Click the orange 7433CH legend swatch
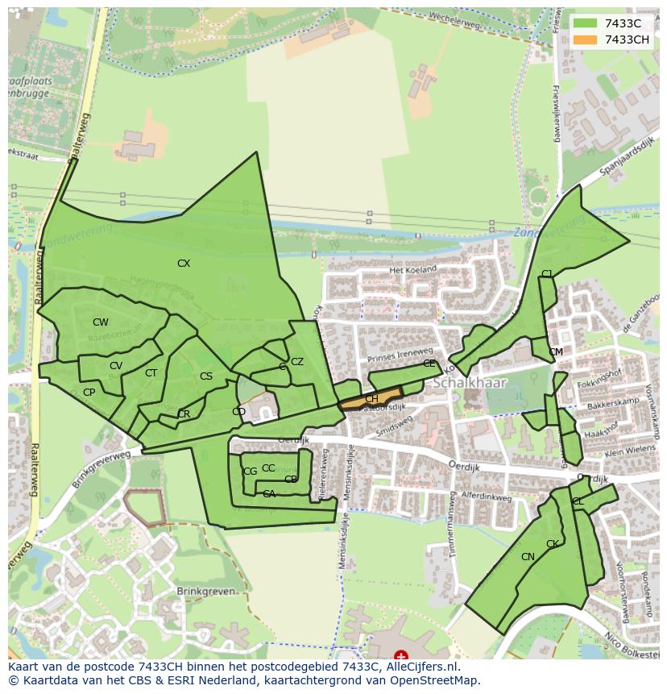[x=586, y=40]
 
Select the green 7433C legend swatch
[x=586, y=24]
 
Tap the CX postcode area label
[x=184, y=264]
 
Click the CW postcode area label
[x=100, y=322]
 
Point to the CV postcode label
[x=116, y=366]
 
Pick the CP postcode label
[x=89, y=393]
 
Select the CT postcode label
[x=151, y=373]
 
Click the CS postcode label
[x=206, y=376]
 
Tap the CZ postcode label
[x=297, y=362]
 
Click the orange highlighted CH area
[x=371, y=398]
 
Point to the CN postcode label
[x=528, y=557]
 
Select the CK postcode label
[x=553, y=544]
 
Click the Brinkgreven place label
[x=206, y=591]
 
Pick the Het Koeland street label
[x=412, y=270]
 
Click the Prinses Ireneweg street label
[x=400, y=355]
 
